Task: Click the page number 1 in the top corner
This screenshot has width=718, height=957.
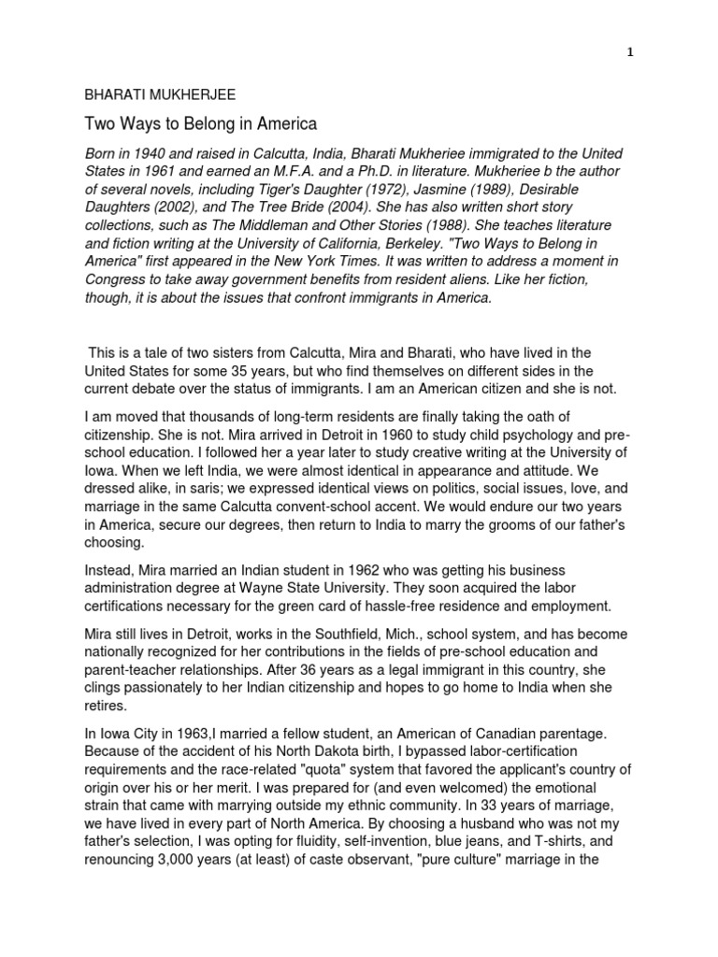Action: click(631, 53)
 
